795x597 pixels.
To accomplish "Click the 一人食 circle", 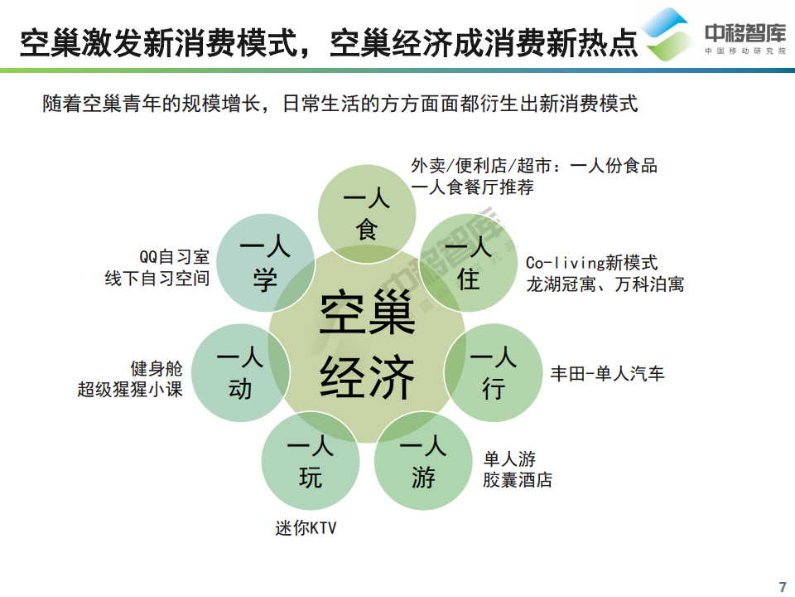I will [367, 212].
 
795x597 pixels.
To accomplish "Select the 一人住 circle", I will [469, 263].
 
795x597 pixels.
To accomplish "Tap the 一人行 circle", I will [494, 372].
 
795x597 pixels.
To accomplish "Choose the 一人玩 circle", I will [311, 461].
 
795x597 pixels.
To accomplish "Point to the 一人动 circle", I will [240, 372].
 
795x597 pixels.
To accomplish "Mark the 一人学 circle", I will [265, 263].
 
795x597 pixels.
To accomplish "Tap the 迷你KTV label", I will [306, 528].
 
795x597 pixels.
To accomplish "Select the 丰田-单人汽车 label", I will [608, 373].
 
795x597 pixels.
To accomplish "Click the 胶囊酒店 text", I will [518, 479].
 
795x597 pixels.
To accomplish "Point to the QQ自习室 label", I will [174, 257].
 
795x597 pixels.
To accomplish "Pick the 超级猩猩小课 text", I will [130, 389].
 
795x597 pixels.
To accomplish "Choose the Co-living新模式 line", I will [591, 263].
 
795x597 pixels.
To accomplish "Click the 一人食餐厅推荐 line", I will [472, 187].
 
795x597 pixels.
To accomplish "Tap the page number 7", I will [783, 586].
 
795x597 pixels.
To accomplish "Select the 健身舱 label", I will [157, 367].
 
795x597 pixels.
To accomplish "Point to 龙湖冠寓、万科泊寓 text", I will [605, 284].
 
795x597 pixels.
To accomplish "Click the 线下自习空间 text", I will [157, 279].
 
